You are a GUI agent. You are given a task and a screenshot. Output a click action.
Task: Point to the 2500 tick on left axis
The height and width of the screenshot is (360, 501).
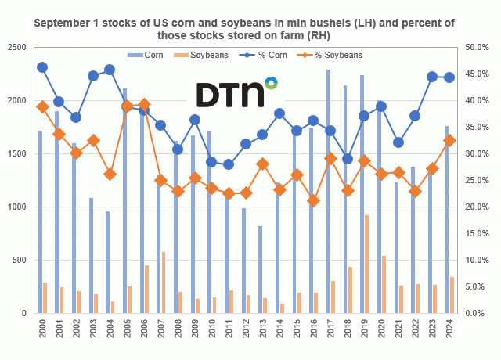coord(19,48)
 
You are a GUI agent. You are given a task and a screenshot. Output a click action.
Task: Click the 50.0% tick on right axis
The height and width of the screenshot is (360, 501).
coord(478,48)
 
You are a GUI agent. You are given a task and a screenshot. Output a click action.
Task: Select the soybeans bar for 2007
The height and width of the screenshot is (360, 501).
coord(163,283)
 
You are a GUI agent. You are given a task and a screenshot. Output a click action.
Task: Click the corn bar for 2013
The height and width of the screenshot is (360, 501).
coord(260,269)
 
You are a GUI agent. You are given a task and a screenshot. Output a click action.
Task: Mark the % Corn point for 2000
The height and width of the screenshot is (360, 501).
coord(42,67)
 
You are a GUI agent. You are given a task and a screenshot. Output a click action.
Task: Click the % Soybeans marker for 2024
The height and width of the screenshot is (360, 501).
coord(449,140)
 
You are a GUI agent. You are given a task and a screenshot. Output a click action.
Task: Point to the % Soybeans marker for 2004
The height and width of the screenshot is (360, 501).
coord(110,174)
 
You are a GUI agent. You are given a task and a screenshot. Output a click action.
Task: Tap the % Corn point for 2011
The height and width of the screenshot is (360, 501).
coord(229,164)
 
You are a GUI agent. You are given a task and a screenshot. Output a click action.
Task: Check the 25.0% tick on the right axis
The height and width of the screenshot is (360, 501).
coord(478,181)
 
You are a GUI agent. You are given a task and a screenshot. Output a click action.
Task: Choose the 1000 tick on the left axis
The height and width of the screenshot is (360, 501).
coord(19,207)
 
